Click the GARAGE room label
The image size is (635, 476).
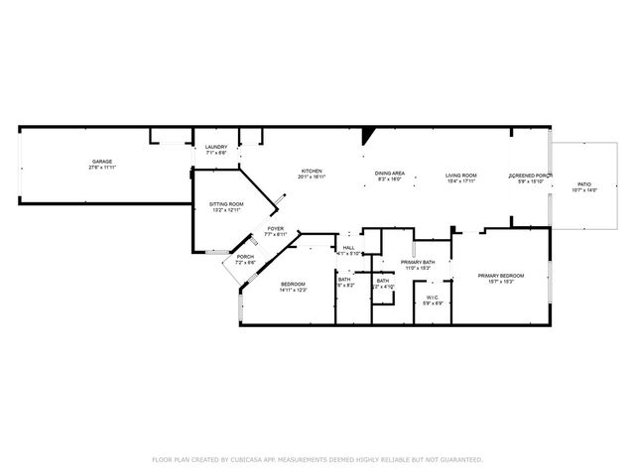(x=101, y=162)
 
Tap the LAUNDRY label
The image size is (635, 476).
(x=216, y=147)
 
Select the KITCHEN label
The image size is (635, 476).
(x=312, y=172)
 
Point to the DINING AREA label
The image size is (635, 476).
(x=389, y=174)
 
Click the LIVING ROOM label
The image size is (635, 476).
(x=461, y=174)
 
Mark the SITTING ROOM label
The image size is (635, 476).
(x=226, y=204)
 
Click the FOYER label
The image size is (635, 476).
(x=275, y=229)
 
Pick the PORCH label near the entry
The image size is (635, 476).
(x=245, y=257)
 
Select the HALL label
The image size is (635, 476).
(x=348, y=248)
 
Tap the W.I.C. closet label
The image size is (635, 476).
(x=433, y=297)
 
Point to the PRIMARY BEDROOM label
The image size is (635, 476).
(x=500, y=275)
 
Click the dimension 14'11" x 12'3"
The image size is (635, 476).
(x=292, y=291)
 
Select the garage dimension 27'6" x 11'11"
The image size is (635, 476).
(x=101, y=168)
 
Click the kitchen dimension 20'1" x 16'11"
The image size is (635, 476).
(x=312, y=178)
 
